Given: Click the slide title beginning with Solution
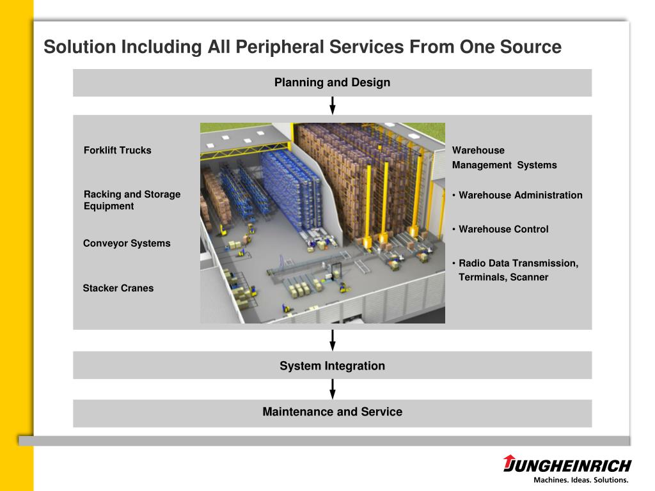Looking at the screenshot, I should pyautogui.click(x=302, y=47).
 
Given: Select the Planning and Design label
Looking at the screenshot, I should pyautogui.click(x=332, y=82).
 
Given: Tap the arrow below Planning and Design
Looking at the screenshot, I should pyautogui.click(x=333, y=105).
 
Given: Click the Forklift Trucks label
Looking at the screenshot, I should pyautogui.click(x=118, y=150).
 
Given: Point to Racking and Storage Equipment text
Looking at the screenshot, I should pyautogui.click(x=132, y=200).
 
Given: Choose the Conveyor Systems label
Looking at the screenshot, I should pyautogui.click(x=127, y=243).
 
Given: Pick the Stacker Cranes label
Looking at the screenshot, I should pyautogui.click(x=118, y=288).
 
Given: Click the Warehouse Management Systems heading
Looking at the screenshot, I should pyautogui.click(x=504, y=157).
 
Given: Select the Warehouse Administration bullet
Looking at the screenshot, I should pyautogui.click(x=520, y=195).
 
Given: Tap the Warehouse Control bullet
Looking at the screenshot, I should pyautogui.click(x=503, y=229).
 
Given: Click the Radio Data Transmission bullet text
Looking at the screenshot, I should pyautogui.click(x=518, y=270).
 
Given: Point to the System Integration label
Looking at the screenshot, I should pyautogui.click(x=332, y=366).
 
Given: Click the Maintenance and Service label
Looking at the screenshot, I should pyautogui.click(x=332, y=412).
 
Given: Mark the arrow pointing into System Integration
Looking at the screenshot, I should pyautogui.click(x=333, y=340).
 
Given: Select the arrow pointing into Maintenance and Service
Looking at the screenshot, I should pyautogui.click(x=333, y=389).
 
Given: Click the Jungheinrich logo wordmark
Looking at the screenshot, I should pyautogui.click(x=571, y=465).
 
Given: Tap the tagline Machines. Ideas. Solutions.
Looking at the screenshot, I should pyautogui.click(x=581, y=479).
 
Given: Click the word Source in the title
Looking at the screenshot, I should pyautogui.click(x=530, y=47).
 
